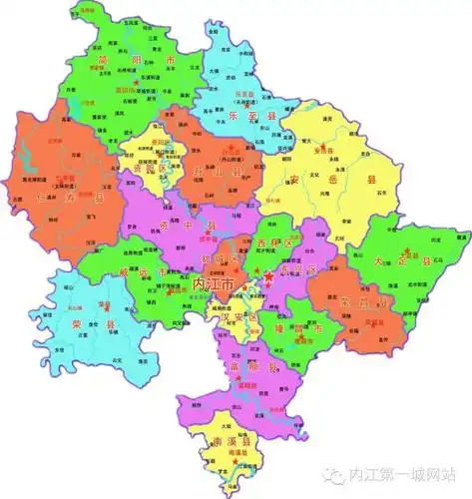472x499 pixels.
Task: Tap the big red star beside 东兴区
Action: click(x=266, y=275)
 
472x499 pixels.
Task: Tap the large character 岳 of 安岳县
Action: click(x=324, y=182)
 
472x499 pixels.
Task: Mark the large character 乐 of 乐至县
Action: click(x=243, y=117)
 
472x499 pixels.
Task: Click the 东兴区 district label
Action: click(x=292, y=270)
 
